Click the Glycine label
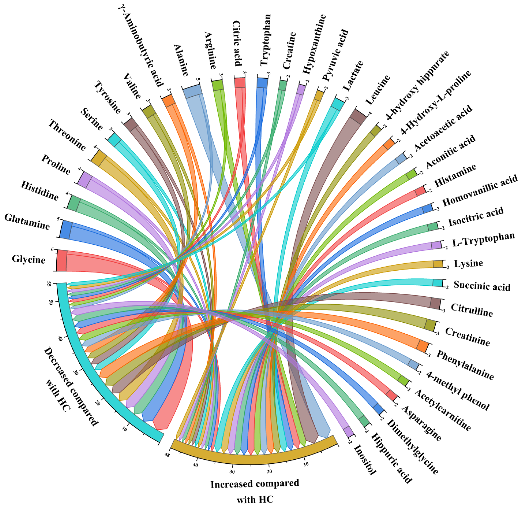coord(29,259)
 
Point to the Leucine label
coord(378,90)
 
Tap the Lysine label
coord(468,264)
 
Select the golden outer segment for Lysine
coord(438,264)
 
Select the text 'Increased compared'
coord(254,484)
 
